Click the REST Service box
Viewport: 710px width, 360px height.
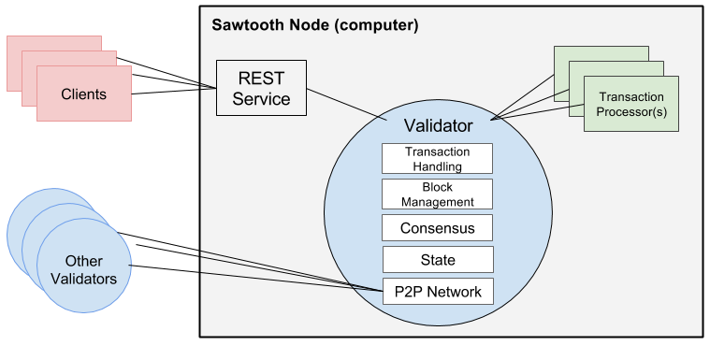pos(261,88)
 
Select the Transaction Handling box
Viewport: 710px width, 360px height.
pos(437,158)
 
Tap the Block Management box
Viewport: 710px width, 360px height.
pos(437,194)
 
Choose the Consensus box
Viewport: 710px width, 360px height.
pos(437,228)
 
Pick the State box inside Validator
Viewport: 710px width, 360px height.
pos(437,259)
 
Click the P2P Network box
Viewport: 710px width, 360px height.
pos(437,292)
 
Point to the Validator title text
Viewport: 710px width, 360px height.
pos(438,125)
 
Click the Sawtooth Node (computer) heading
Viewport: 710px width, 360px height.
pos(314,24)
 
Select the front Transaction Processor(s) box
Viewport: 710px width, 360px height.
pos(631,104)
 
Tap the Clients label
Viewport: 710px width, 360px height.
pos(83,94)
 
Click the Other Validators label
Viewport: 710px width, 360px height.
pos(83,269)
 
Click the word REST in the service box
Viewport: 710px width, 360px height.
pos(261,79)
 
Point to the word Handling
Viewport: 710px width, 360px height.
pos(438,166)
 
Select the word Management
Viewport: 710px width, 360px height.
pos(438,201)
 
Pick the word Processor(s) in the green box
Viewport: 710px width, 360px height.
pos(631,111)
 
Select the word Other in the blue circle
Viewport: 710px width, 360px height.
pos(83,261)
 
